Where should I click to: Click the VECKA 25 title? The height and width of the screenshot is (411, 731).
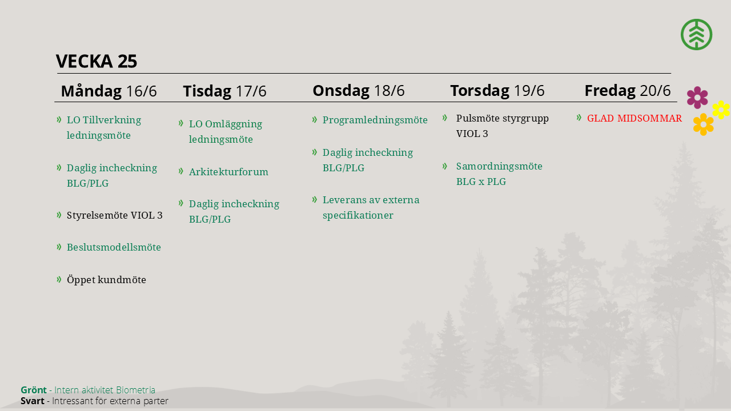[x=97, y=61]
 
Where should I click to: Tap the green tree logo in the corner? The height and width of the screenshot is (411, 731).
[x=696, y=34]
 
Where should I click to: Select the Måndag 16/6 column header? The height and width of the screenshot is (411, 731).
[x=109, y=91]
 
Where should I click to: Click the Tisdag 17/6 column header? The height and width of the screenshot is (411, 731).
[x=224, y=91]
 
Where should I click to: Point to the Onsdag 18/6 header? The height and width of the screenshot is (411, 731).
[x=359, y=90]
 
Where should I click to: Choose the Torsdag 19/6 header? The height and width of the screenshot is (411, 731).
[x=497, y=90]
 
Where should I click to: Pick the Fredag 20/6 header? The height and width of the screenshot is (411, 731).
[x=628, y=90]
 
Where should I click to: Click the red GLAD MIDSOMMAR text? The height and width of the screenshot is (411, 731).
[x=634, y=118]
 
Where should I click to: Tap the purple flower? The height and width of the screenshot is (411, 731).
[x=697, y=98]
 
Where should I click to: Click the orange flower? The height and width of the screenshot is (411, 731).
[x=704, y=124]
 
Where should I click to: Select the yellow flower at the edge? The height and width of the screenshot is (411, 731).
[x=721, y=110]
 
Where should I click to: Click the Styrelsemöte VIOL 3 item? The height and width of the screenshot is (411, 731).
[x=115, y=215]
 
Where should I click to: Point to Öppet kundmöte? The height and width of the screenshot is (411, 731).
[x=106, y=280]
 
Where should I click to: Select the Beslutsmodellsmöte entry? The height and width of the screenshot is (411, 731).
[x=114, y=247]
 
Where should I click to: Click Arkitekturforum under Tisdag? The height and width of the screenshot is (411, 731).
[x=228, y=172]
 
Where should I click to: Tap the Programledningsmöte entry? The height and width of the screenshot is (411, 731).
[x=375, y=120]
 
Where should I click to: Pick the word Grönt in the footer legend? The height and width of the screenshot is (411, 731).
[x=34, y=390]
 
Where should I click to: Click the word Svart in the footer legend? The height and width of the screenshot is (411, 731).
[x=33, y=401]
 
